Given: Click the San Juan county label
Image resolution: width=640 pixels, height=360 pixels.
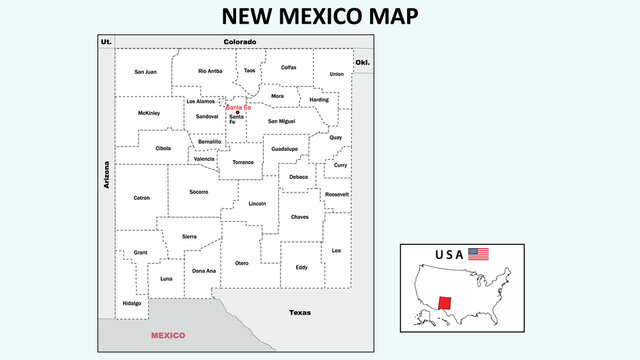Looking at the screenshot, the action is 145,72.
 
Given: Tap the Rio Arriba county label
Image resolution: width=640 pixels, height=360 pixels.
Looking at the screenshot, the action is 210,71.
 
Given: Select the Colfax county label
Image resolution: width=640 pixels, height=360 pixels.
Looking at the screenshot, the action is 288,67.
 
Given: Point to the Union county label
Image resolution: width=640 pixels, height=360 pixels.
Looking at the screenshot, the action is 336,74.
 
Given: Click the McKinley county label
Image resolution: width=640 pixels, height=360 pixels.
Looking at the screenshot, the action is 149,113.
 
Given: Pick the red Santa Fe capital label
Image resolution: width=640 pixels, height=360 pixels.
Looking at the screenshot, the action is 238,107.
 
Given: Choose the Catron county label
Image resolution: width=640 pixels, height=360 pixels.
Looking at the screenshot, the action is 142,197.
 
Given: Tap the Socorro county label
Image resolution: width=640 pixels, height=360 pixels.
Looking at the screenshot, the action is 199,191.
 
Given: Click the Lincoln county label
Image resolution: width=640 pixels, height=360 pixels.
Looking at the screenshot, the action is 257,203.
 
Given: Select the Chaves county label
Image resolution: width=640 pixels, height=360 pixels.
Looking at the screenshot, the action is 300,217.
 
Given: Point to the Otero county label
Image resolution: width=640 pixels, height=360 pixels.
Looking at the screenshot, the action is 241,262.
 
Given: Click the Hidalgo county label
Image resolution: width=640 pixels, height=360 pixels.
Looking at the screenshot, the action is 132,302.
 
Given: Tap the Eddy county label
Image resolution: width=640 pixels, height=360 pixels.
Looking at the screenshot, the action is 301,267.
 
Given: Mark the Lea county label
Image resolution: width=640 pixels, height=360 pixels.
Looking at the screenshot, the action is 336,250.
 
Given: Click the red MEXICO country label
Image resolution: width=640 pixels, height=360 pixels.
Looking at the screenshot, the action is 168,336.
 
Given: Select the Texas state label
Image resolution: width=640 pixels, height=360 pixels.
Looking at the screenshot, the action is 300,312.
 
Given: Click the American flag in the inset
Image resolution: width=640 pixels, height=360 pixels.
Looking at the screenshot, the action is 479,254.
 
